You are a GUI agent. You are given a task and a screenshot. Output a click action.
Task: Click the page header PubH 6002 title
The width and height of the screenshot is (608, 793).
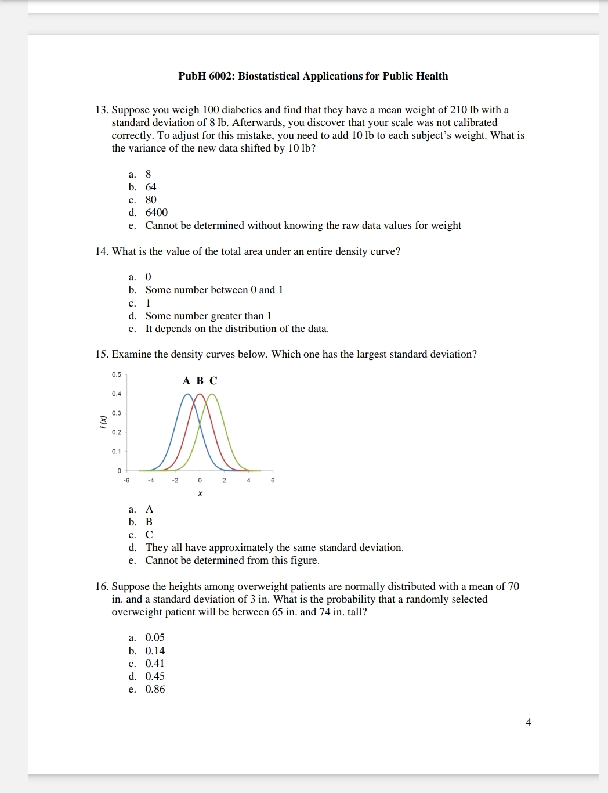[x=313, y=76]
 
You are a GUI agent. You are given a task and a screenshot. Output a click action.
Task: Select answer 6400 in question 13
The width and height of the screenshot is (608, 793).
[x=156, y=212]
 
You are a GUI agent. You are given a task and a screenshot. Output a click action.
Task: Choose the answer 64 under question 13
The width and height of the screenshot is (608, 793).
[x=151, y=187]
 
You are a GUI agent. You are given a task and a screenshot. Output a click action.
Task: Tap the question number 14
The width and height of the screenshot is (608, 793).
[x=102, y=251]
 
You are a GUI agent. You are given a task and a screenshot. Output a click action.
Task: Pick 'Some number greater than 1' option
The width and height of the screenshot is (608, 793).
[x=208, y=316]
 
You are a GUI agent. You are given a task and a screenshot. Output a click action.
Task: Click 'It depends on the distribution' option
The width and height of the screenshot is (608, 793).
[x=237, y=329]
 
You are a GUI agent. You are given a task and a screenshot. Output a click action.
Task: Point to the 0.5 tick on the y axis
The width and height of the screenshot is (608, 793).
[x=117, y=374]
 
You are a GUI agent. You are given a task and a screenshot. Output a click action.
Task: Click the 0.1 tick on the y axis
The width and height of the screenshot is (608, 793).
[x=117, y=451]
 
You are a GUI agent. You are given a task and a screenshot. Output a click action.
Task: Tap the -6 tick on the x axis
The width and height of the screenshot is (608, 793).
[x=126, y=481]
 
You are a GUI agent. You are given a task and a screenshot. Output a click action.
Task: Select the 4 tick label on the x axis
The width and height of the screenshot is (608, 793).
[x=248, y=481]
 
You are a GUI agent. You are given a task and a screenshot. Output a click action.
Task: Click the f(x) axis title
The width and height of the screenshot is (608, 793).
[x=103, y=422]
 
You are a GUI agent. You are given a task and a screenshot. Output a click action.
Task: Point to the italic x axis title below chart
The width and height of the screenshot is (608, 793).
[x=200, y=493]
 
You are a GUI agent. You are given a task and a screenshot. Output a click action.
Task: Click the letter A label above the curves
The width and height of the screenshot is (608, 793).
[x=186, y=381]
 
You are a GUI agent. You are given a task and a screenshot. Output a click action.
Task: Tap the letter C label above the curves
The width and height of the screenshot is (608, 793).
[x=213, y=381]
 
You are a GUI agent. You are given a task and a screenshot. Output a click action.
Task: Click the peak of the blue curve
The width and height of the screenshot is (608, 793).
[x=187, y=395]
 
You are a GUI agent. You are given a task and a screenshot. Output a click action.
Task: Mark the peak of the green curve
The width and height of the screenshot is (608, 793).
[x=212, y=395]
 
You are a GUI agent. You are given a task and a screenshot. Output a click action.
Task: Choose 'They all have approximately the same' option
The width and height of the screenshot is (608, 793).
[x=274, y=547]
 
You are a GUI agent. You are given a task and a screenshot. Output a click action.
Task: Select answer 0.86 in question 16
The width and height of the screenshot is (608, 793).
[x=155, y=689]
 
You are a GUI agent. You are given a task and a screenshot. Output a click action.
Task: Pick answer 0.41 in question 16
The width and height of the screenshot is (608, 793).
[x=154, y=664]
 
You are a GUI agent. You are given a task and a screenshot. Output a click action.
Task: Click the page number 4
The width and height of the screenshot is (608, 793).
[x=529, y=722]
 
